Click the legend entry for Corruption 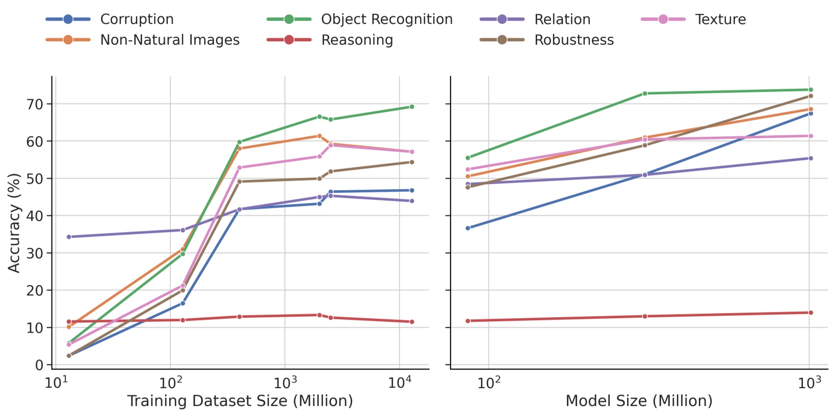[x=137, y=19]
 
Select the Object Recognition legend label [x=386, y=19]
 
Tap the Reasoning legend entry [x=357, y=40]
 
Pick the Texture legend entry [x=720, y=19]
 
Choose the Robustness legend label [x=573, y=40]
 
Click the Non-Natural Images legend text [x=170, y=40]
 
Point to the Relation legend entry [x=562, y=19]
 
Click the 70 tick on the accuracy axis [x=36, y=104]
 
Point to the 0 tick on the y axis [x=40, y=365]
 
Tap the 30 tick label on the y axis [x=36, y=253]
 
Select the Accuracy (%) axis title [x=14, y=223]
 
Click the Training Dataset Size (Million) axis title [x=240, y=401]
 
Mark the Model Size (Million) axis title [x=639, y=401]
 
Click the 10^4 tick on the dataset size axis [x=400, y=383]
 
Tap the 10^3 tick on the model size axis [x=809, y=383]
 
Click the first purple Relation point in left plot [x=69, y=237]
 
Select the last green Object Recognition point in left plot [x=412, y=107]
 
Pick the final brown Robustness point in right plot [x=811, y=96]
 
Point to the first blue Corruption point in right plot [x=468, y=228]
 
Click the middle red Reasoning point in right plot [x=644, y=316]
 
